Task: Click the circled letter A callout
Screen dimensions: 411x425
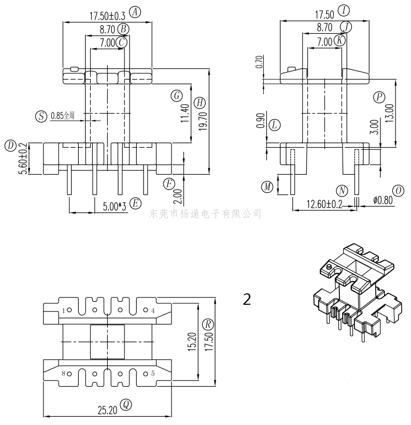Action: (x=135, y=12)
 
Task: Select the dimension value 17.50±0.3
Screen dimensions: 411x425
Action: (x=107, y=16)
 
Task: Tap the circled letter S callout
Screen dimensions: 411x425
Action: (x=41, y=117)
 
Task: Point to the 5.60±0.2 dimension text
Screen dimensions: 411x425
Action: (x=24, y=159)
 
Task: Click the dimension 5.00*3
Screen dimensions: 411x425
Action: (x=115, y=206)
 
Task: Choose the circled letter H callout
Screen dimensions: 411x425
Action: (x=200, y=103)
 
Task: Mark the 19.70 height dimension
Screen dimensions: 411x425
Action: (x=203, y=122)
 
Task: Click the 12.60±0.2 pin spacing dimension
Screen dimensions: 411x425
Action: (x=324, y=204)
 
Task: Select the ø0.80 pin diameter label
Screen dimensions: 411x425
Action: (x=383, y=200)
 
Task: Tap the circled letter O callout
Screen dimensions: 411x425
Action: (x=398, y=191)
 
